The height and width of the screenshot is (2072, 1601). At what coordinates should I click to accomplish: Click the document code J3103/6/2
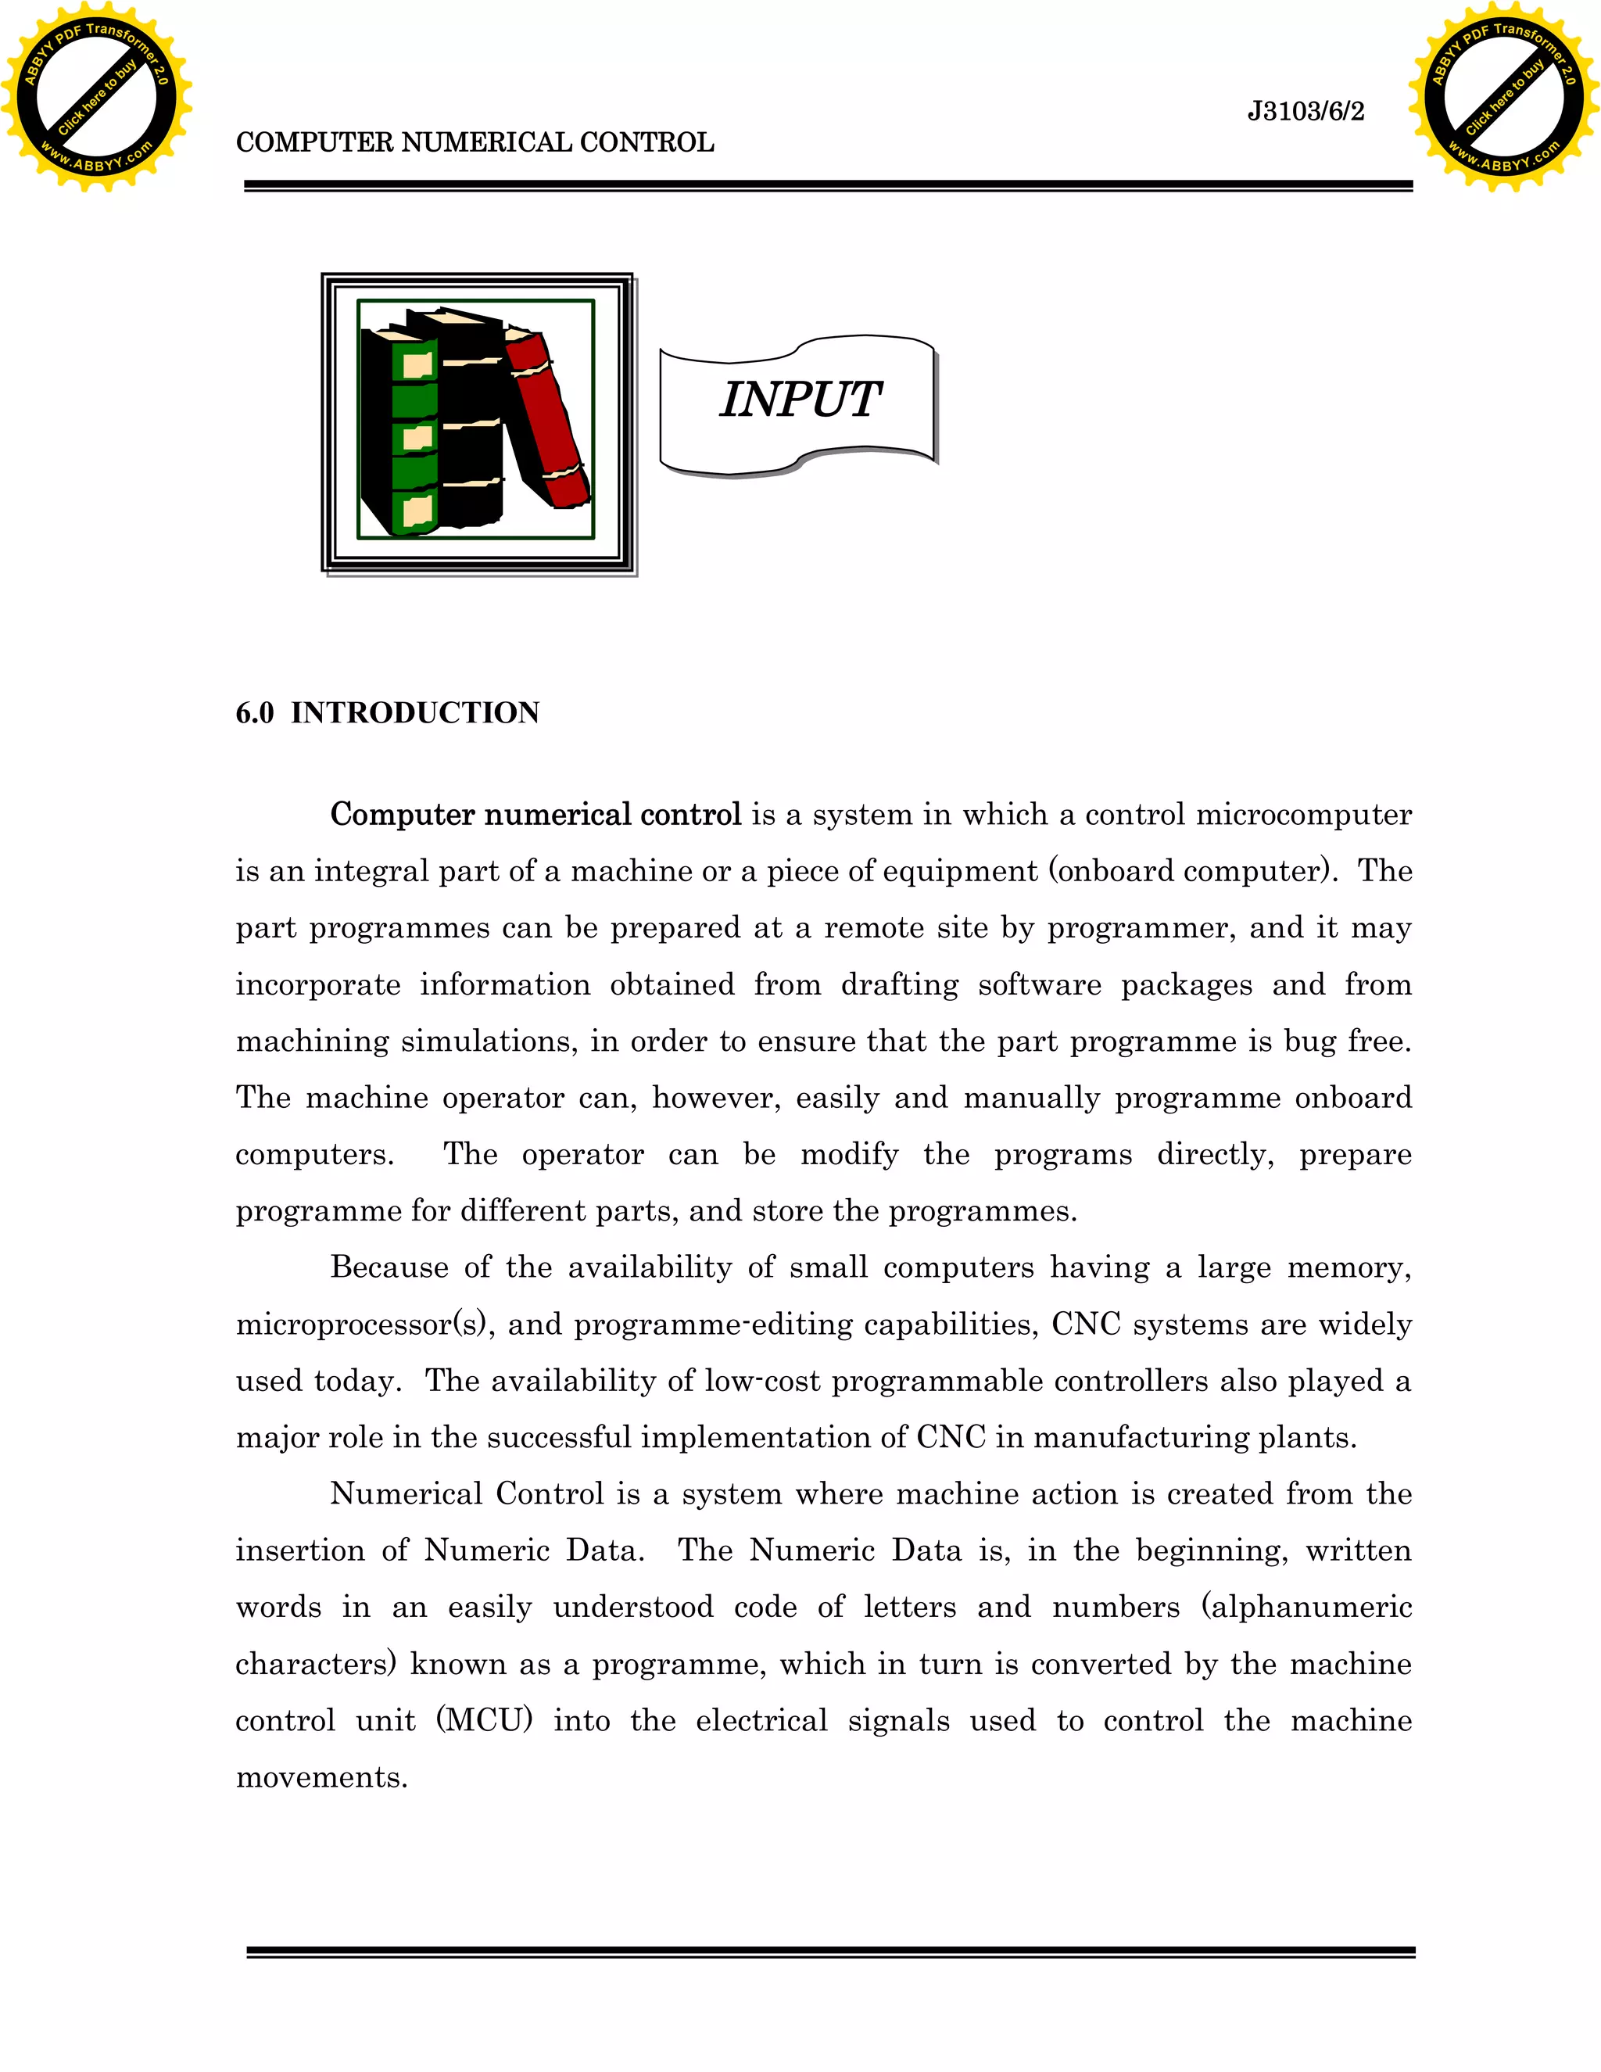tap(1305, 112)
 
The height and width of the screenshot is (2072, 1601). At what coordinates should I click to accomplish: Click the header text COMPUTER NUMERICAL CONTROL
tap(475, 142)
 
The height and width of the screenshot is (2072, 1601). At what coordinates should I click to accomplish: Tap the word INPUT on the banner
tap(800, 400)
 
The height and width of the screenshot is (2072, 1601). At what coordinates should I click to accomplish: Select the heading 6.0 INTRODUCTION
tap(387, 712)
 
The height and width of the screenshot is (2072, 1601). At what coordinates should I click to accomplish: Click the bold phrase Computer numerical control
tap(535, 814)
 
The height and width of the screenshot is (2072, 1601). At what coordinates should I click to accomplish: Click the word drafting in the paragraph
tap(899, 984)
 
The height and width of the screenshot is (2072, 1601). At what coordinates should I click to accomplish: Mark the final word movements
tap(321, 1777)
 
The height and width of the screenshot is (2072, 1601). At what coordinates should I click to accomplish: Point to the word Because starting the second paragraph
tap(389, 1267)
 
